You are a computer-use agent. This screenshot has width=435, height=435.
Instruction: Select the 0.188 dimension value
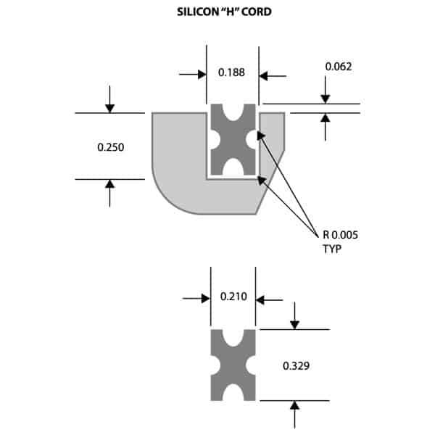point(231,72)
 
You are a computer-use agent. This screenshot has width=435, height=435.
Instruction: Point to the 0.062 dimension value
point(339,67)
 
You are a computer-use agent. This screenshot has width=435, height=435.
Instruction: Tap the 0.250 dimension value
point(111,147)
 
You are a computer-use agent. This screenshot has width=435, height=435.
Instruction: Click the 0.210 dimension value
point(233,297)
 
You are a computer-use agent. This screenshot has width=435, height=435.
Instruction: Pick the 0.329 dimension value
point(297,366)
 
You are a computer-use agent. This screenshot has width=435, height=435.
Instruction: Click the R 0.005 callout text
point(340,234)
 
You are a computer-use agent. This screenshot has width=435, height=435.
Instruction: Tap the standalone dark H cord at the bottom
point(233,365)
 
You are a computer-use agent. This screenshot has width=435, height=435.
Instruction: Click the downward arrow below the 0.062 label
point(326,98)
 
